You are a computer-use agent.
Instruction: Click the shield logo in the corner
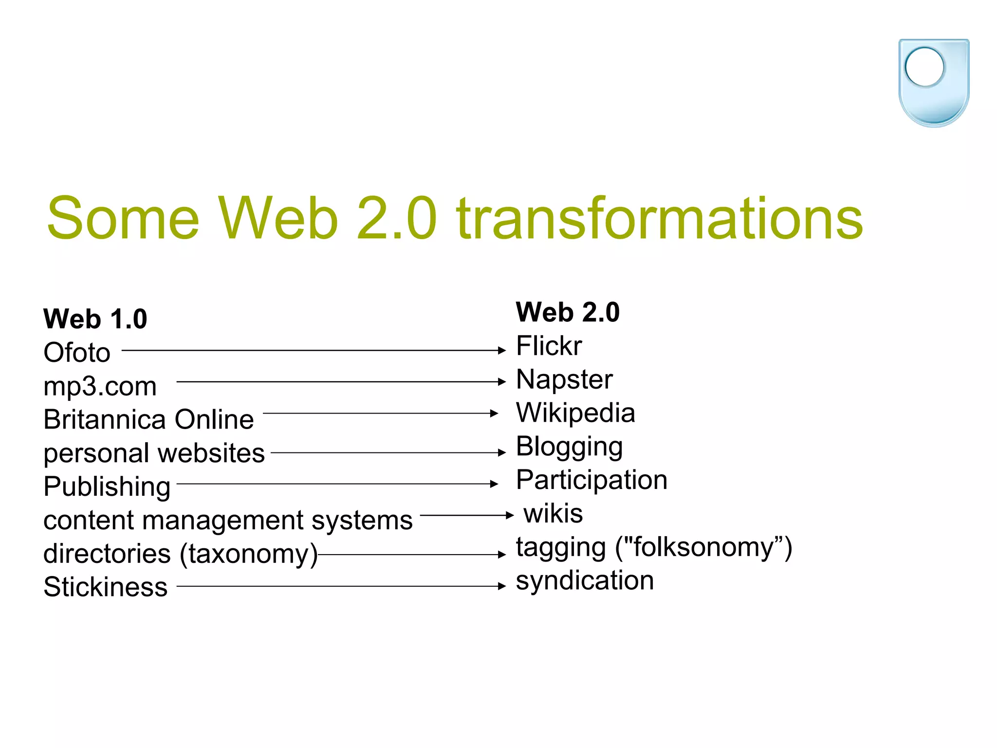coord(934,83)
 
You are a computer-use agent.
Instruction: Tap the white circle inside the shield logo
coord(924,67)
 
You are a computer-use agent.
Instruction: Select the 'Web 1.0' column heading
coord(95,319)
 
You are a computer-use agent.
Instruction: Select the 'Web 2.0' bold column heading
coord(568,312)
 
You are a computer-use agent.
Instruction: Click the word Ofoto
coord(77,353)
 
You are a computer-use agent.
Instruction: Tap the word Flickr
coord(549,346)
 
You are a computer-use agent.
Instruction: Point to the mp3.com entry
coord(100,386)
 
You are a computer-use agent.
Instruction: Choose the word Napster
coord(564,379)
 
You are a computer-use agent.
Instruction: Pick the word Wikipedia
coord(575,413)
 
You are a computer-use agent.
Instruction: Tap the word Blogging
coord(569,447)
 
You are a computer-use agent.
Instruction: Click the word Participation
coord(591,480)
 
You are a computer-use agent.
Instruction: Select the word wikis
coord(553,513)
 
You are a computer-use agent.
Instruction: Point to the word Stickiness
coord(105,587)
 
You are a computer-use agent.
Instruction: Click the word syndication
coord(585,580)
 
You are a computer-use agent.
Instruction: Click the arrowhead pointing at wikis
coord(509,515)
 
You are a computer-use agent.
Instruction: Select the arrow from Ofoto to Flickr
coord(314,350)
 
